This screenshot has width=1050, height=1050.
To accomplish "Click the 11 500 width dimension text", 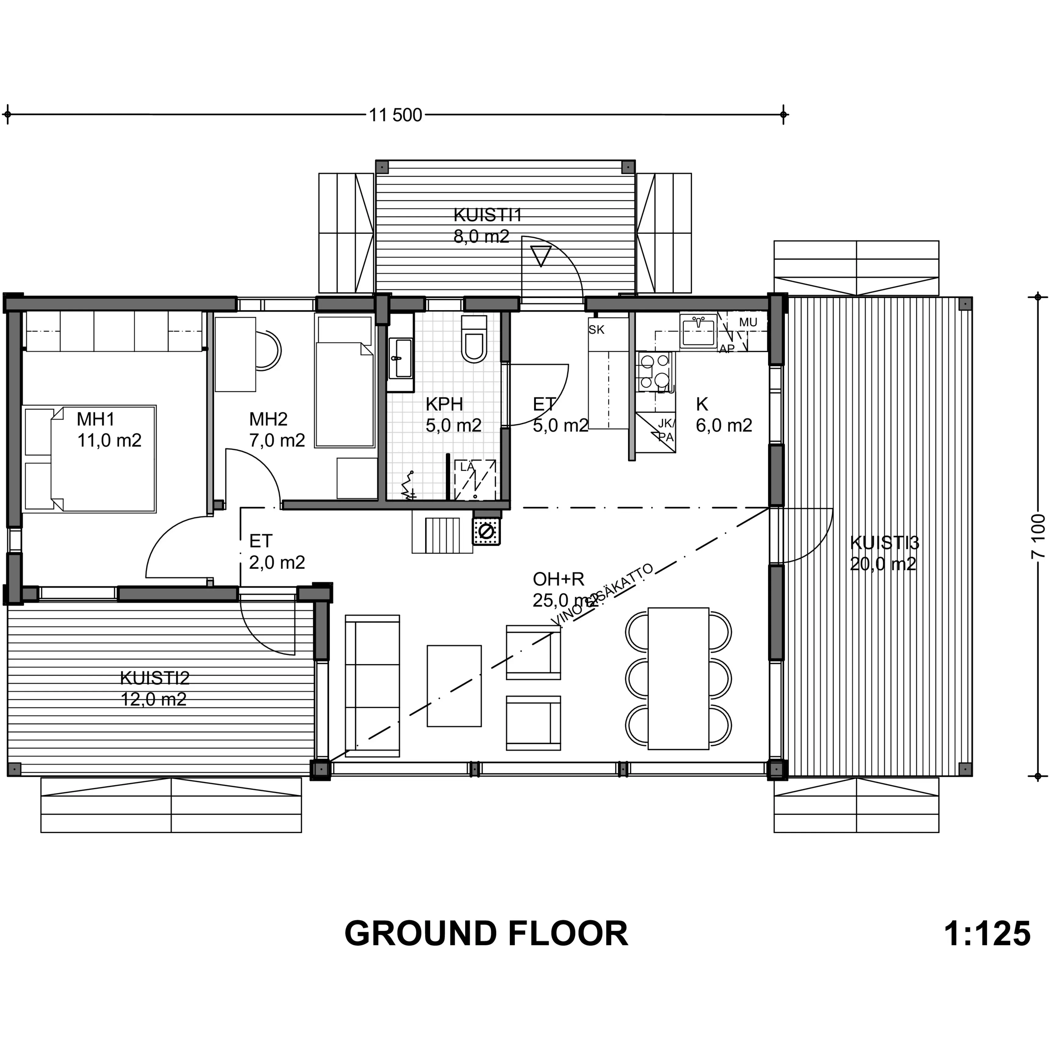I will tap(395, 115).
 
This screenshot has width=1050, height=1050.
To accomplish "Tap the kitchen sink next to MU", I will tap(698, 331).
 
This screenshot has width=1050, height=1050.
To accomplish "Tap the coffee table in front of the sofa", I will tap(454, 686).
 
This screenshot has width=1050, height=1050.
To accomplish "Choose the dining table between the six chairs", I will tap(678, 678).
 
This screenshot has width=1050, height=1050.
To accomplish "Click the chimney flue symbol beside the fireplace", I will tap(487, 531).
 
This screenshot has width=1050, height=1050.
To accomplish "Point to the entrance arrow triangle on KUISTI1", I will tap(541, 255).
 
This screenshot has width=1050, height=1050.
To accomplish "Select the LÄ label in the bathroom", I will tap(467, 467).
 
